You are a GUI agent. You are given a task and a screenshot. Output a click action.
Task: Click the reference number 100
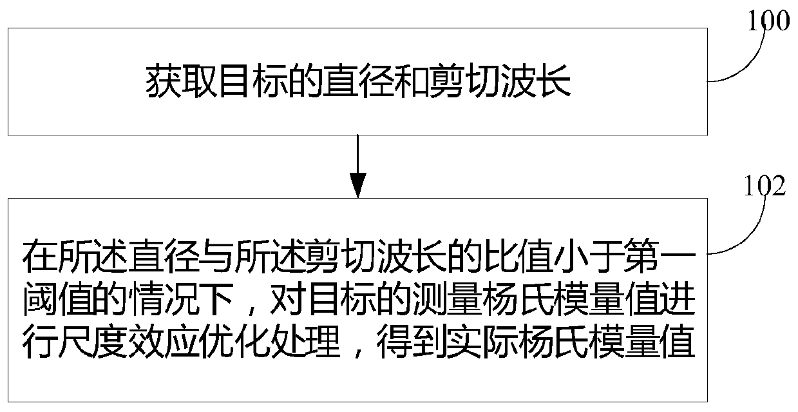[768, 21]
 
